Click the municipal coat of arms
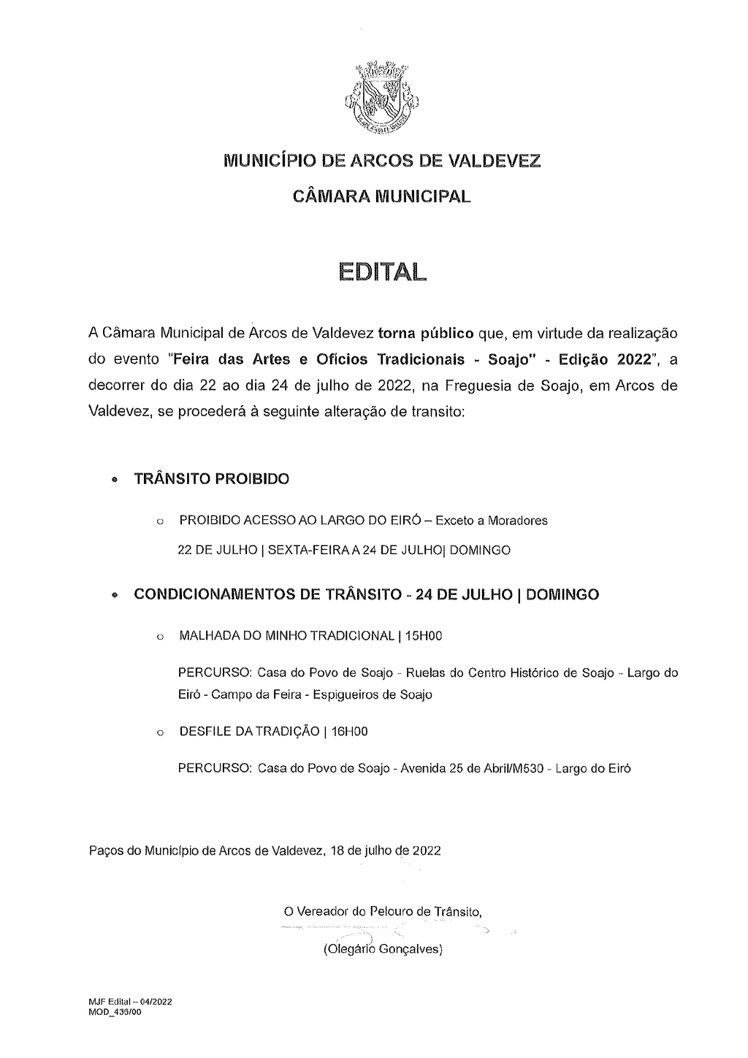pyautogui.click(x=382, y=99)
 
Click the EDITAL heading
pyautogui.click(x=381, y=272)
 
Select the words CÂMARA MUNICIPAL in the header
pyautogui.click(x=381, y=196)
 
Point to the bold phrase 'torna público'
pyautogui.click(x=426, y=334)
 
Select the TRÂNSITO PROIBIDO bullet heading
pyautogui.click(x=212, y=479)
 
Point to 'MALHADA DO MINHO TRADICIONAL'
pyautogui.click(x=287, y=636)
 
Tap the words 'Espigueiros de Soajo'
pyautogui.click(x=373, y=694)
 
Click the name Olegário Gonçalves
pyautogui.click(x=383, y=950)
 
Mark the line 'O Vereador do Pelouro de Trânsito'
pyautogui.click(x=382, y=911)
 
